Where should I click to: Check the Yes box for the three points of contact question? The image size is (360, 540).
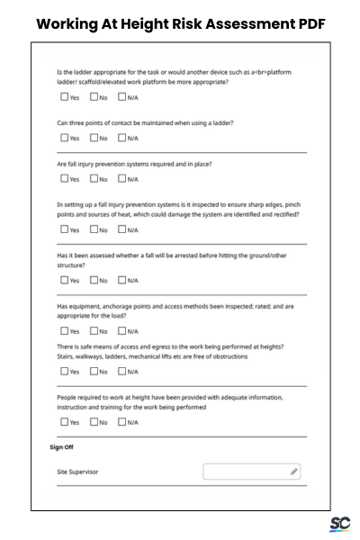(x=64, y=138)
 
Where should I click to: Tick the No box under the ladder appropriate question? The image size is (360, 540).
(x=94, y=96)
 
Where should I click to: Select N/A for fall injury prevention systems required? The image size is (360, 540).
(x=121, y=179)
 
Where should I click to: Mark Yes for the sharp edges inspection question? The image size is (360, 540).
(x=64, y=229)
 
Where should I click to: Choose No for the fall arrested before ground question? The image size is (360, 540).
(x=94, y=280)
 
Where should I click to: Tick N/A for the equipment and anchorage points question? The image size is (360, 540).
(x=121, y=330)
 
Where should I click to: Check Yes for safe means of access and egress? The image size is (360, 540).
(x=64, y=371)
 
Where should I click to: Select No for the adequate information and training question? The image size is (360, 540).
(x=94, y=421)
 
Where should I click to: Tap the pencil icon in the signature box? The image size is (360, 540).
(x=293, y=472)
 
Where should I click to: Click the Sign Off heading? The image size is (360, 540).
(x=61, y=446)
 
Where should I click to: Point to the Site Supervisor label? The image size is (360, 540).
(x=77, y=472)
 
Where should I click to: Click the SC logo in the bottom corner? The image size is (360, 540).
(x=339, y=525)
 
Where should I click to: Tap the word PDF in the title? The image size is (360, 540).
(x=305, y=24)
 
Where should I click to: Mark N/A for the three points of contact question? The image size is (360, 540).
(x=121, y=138)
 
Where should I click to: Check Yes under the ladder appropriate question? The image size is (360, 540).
(x=64, y=96)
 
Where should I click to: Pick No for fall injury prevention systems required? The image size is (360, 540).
(x=94, y=179)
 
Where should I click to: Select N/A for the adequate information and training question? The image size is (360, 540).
(x=121, y=421)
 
